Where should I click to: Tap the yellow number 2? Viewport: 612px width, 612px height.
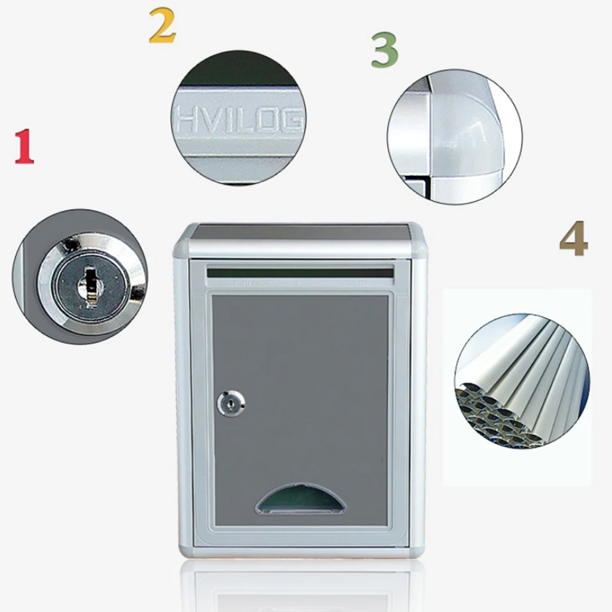tap(162, 27)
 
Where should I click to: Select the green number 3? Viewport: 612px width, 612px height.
tap(384, 50)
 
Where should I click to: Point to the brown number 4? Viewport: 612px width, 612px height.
tap(574, 239)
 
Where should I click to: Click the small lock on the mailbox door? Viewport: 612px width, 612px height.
tap(231, 404)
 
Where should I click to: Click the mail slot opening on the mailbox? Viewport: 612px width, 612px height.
tap(300, 273)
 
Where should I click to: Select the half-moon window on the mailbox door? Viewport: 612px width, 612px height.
tap(301, 500)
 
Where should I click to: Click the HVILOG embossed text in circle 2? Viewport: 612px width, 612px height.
tap(239, 121)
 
